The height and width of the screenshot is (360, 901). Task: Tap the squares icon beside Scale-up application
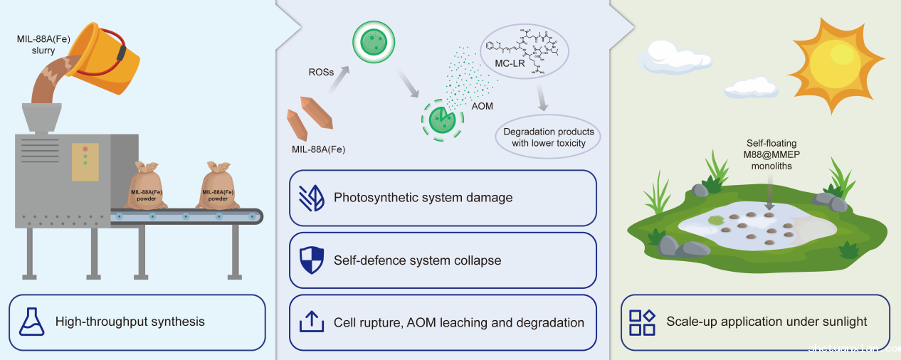(642, 322)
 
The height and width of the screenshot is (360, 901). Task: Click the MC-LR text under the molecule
(510, 65)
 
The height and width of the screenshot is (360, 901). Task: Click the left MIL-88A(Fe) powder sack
(147, 186)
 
